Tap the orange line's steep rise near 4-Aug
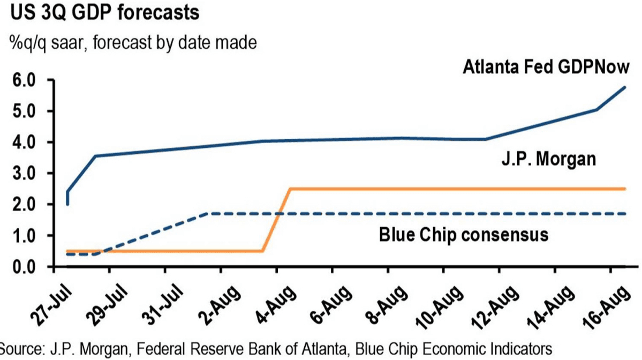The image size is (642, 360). coord(276,220)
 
